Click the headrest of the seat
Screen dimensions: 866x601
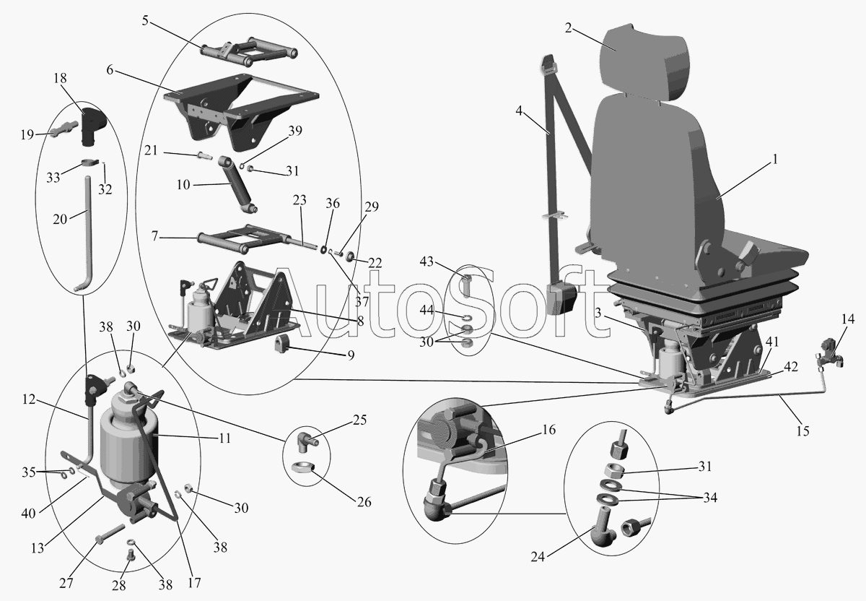tap(646, 64)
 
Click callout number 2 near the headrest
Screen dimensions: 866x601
tap(568, 28)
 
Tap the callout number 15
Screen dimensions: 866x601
tap(803, 431)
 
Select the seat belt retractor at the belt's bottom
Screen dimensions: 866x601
tap(562, 299)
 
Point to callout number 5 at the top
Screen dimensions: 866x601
tap(145, 20)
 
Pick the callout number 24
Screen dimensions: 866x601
tap(538, 556)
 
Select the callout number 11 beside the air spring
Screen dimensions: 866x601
tap(224, 438)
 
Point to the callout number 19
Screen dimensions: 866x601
tap(27, 134)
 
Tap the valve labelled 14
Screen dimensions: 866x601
tap(831, 354)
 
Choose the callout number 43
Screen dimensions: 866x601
tap(427, 261)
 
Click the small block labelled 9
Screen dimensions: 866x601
tap(284, 344)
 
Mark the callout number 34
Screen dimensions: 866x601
tap(710, 497)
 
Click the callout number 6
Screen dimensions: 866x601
tap(110, 70)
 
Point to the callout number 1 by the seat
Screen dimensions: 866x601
tap(774, 159)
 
